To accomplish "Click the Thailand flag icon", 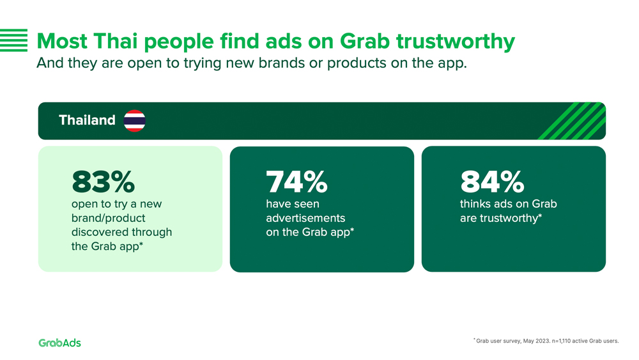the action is (134, 121).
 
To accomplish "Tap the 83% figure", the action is (103, 182).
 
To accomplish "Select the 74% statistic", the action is (296, 182).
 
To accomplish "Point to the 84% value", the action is (492, 182).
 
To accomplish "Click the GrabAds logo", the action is (60, 343).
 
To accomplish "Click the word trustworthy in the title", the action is (456, 42).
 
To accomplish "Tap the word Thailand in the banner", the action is (87, 120).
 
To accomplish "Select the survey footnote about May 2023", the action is (546, 341).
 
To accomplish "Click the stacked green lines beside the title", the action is (14, 40).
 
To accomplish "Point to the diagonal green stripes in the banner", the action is (573, 121).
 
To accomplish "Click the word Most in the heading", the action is (62, 42).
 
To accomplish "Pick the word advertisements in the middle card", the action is (305, 218).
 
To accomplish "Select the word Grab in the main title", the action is (365, 42).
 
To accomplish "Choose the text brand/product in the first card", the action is (109, 218).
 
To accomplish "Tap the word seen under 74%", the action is (307, 204).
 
